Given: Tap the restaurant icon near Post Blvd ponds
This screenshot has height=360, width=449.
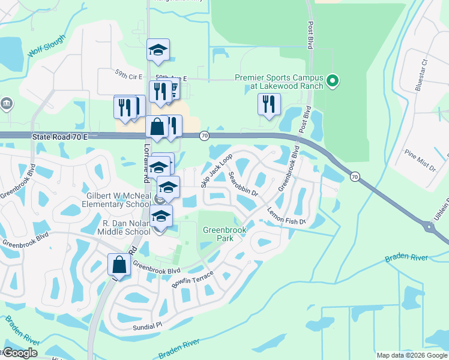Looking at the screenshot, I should [269, 104].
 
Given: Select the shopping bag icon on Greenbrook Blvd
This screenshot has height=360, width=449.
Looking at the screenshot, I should [119, 265].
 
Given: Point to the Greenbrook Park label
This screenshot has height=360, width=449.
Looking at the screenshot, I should [217, 234].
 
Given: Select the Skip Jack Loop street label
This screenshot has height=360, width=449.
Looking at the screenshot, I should [217, 171].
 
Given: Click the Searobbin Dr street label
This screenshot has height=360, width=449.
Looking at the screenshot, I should [243, 185].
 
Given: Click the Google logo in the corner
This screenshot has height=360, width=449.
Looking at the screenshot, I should [20, 353].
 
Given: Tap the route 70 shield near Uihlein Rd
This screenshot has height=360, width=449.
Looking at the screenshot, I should [355, 176].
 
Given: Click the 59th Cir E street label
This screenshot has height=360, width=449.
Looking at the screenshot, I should [129, 76].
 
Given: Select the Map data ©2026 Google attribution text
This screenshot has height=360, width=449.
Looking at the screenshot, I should [412, 355].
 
